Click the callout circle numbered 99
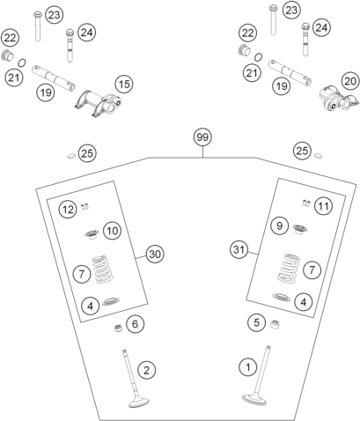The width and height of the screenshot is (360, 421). click(202, 138)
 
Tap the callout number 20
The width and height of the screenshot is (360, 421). click(349, 80)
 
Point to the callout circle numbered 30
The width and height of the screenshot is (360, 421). click(155, 254)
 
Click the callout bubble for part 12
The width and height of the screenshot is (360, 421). click(68, 209)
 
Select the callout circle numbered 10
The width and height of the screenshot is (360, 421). click(111, 230)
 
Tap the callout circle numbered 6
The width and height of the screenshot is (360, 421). click(134, 324)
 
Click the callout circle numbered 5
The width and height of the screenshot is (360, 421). click(255, 322)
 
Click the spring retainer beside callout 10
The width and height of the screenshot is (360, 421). click(91, 235)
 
